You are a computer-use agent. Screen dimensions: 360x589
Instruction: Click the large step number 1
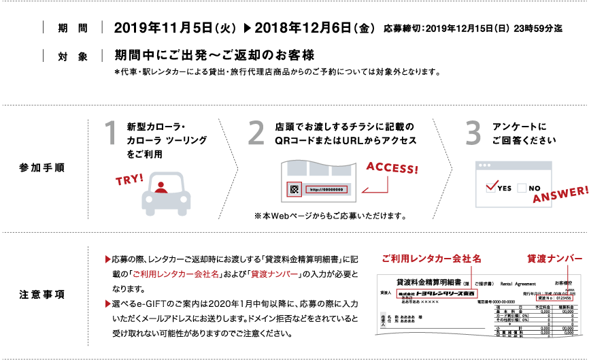click(x=110, y=134)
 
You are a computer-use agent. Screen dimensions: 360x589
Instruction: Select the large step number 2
click(x=256, y=134)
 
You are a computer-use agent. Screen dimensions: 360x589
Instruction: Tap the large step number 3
click(x=473, y=134)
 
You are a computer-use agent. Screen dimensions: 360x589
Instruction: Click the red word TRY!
click(x=129, y=180)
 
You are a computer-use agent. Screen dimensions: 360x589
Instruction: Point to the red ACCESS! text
click(x=392, y=167)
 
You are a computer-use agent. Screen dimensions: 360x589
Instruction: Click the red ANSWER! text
click(x=560, y=194)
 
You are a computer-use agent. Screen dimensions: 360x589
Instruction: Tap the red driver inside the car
click(x=161, y=187)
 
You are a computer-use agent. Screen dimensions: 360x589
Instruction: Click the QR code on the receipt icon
click(x=294, y=190)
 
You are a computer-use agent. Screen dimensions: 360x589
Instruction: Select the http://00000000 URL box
click(x=326, y=190)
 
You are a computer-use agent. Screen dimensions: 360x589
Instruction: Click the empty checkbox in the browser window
click(x=522, y=188)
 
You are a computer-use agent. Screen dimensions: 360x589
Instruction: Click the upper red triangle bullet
click(x=107, y=259)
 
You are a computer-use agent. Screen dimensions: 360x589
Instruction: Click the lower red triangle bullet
click(x=107, y=304)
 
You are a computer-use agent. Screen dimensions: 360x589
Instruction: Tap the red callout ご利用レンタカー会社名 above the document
click(x=431, y=259)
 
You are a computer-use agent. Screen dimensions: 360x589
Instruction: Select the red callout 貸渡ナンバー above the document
click(x=554, y=259)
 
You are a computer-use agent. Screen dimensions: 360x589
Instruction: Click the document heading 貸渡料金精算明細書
click(x=428, y=282)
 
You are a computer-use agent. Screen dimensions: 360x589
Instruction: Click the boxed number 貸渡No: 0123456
click(x=554, y=298)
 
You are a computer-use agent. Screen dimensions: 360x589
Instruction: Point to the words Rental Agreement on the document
click(x=518, y=283)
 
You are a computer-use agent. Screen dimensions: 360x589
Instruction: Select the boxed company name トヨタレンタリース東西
click(x=435, y=293)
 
